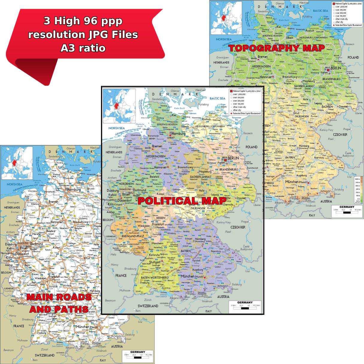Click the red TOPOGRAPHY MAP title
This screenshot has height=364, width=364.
277,48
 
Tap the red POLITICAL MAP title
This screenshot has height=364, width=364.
182,201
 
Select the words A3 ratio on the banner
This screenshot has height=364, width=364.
83,48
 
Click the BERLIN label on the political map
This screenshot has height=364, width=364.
233,158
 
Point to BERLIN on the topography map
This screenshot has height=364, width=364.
336,68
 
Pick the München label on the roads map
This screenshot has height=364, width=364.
83,327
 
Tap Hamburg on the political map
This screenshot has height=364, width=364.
178,134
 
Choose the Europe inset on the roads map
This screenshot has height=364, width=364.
17,163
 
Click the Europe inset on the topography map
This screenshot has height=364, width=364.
226,18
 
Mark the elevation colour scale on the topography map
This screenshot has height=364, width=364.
357,189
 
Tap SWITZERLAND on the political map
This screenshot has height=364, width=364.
148,306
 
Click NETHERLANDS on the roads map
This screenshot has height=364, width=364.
12,207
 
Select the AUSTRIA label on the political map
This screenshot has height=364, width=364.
223,297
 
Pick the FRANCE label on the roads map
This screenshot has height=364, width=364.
19,326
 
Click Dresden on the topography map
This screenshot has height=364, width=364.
343,106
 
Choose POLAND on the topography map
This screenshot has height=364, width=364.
353,57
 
